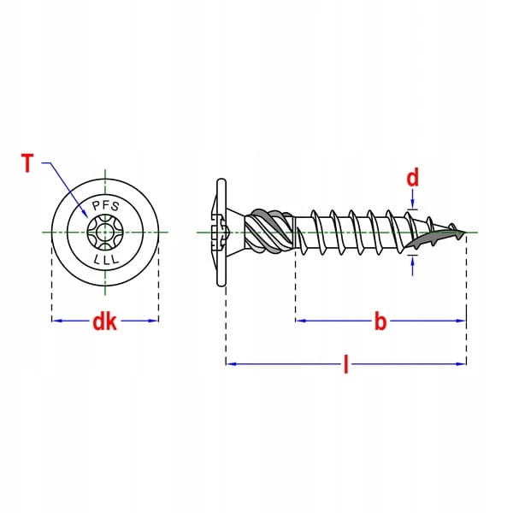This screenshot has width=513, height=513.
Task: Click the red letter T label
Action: pos(27,162)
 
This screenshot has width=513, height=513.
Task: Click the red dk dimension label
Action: pos(104,321)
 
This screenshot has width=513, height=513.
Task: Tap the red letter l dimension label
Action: pos(345,365)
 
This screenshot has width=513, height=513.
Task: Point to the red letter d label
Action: pos(412,179)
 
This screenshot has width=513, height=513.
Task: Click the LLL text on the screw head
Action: pos(105,257)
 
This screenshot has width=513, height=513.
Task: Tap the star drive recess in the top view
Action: pos(105,233)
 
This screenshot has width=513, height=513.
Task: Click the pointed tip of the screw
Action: pos(467,231)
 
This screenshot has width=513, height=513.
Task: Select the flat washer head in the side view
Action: pos(221,233)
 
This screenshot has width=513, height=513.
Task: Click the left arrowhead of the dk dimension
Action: pos(56,321)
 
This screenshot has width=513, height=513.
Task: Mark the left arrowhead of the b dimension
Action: pos(299,321)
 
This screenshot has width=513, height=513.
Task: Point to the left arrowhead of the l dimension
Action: pos(230,363)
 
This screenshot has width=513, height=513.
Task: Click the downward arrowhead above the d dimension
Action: pos(413,204)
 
